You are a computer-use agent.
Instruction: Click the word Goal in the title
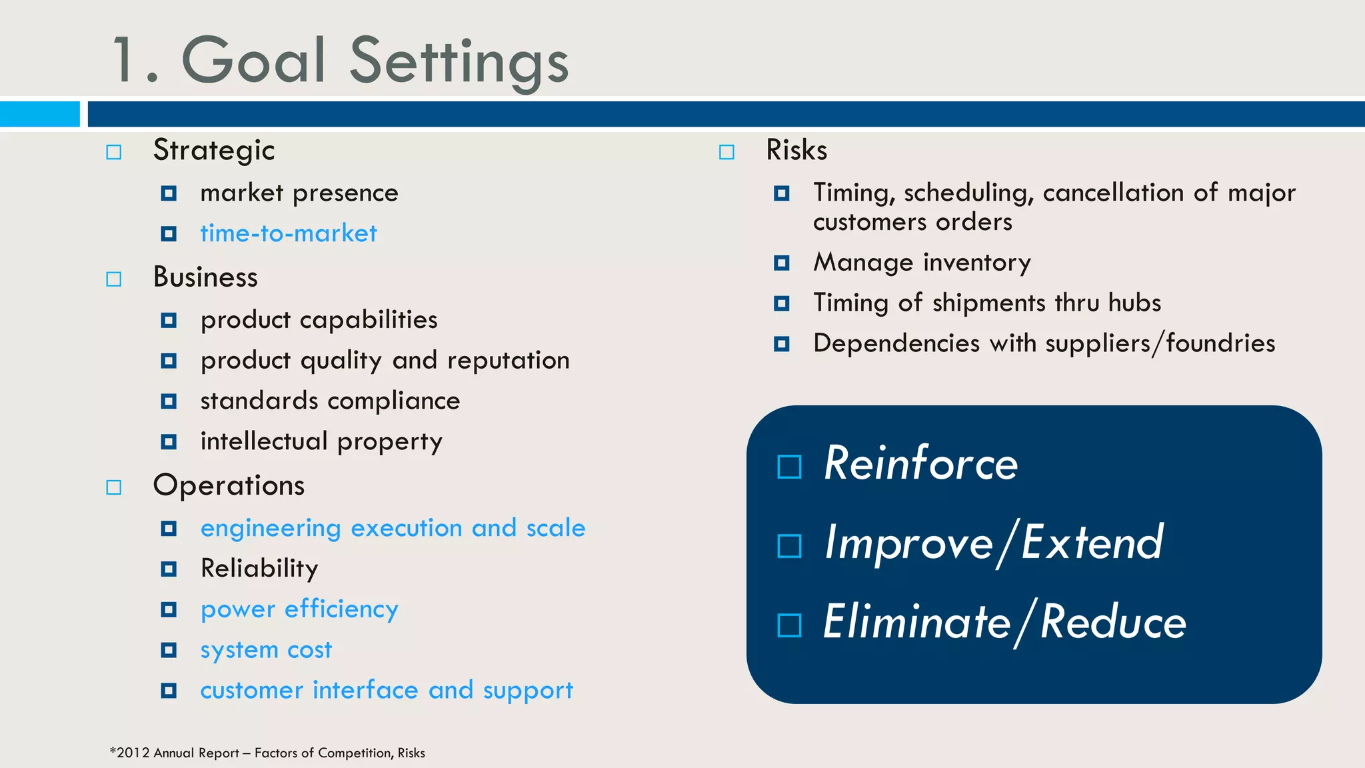(x=253, y=61)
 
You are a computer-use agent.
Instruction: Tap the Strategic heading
(x=213, y=151)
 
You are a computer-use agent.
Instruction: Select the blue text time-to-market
(x=288, y=233)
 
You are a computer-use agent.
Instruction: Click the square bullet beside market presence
(x=169, y=193)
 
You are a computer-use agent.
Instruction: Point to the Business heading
(x=205, y=277)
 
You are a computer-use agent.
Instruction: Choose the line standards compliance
(x=330, y=401)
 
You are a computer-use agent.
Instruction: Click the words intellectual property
(x=321, y=442)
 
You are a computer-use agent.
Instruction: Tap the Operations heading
(x=229, y=485)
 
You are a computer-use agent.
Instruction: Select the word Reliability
(x=259, y=569)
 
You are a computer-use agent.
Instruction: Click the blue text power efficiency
(x=299, y=609)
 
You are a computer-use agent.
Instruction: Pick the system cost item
(x=266, y=650)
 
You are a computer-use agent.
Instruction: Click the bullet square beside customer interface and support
(x=169, y=691)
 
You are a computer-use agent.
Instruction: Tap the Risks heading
(x=796, y=150)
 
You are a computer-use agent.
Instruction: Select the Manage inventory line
(x=922, y=263)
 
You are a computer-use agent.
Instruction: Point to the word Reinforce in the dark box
(x=920, y=463)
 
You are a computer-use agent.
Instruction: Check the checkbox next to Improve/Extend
(x=789, y=546)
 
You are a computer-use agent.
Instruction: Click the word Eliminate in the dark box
(x=916, y=622)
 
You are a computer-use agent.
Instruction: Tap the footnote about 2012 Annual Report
(x=267, y=753)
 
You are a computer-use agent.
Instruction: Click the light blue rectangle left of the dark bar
(x=40, y=113)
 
